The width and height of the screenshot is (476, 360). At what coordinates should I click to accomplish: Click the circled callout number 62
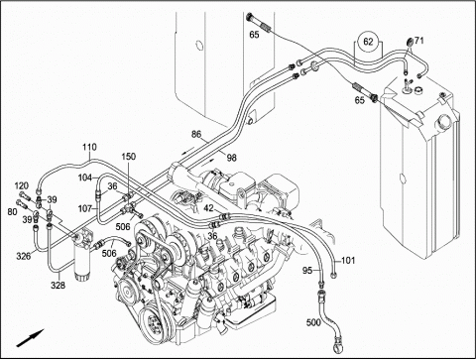(x=368, y=42)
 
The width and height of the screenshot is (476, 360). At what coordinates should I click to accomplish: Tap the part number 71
(x=418, y=41)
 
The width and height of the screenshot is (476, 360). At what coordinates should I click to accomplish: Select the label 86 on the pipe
(x=196, y=134)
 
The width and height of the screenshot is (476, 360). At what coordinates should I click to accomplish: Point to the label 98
(x=232, y=158)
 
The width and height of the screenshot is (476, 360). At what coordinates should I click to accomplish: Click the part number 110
(x=89, y=147)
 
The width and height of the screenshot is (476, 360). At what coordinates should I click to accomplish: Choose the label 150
(x=128, y=156)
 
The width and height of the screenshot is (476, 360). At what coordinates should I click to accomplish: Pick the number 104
(x=85, y=178)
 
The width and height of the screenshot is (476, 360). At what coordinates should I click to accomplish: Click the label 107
(x=85, y=208)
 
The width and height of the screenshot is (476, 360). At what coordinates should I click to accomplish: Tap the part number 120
(x=22, y=185)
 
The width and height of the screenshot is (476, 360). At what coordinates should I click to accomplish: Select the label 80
(x=12, y=211)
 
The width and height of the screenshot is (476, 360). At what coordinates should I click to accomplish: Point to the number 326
(x=23, y=256)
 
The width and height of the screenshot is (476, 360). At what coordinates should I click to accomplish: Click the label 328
(x=58, y=285)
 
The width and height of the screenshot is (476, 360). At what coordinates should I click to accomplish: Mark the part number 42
(x=208, y=208)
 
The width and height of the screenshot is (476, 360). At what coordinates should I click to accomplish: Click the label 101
(x=348, y=261)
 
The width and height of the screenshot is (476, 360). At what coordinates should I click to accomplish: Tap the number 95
(x=307, y=271)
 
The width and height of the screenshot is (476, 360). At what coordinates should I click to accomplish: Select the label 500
(x=313, y=321)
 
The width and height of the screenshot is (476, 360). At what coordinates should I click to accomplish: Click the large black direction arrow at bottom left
(x=30, y=338)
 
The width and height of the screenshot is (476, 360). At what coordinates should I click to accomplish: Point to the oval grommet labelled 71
(x=410, y=42)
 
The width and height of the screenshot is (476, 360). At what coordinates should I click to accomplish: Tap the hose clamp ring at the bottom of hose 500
(x=338, y=340)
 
